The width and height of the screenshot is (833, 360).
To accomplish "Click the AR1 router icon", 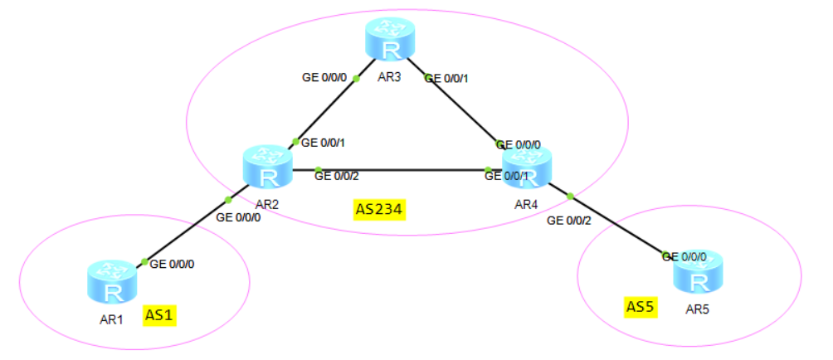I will [x=110, y=282].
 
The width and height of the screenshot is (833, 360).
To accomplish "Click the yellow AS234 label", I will [x=378, y=210].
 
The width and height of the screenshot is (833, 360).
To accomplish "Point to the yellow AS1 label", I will [x=162, y=315].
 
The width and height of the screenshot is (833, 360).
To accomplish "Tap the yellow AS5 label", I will [x=641, y=307].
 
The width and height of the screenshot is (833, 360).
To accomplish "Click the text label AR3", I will [x=390, y=76].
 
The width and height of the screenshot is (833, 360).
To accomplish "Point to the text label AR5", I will [x=698, y=309].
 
